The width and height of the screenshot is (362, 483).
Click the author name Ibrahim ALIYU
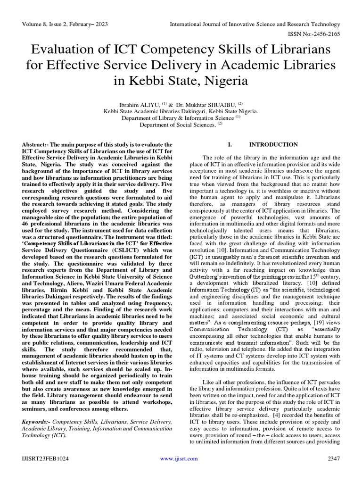tap(141, 103)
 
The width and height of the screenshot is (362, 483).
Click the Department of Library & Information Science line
tap(178, 117)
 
